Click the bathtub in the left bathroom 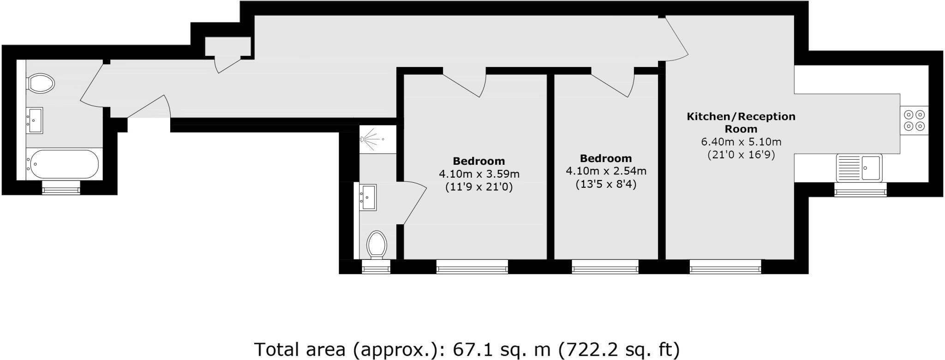[63, 164]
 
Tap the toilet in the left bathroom [41, 84]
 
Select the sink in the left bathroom [35, 120]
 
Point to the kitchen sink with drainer [859, 167]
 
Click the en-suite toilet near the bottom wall [377, 245]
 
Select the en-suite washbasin [368, 197]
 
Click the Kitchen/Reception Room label [741, 122]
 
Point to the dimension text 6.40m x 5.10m [741, 142]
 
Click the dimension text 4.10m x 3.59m [479, 174]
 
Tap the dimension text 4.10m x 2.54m [606, 171]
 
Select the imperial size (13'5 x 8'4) [606, 185]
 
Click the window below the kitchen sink [860, 189]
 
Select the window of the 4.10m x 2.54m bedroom [605, 266]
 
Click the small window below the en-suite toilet [376, 266]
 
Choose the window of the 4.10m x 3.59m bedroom [472, 266]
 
